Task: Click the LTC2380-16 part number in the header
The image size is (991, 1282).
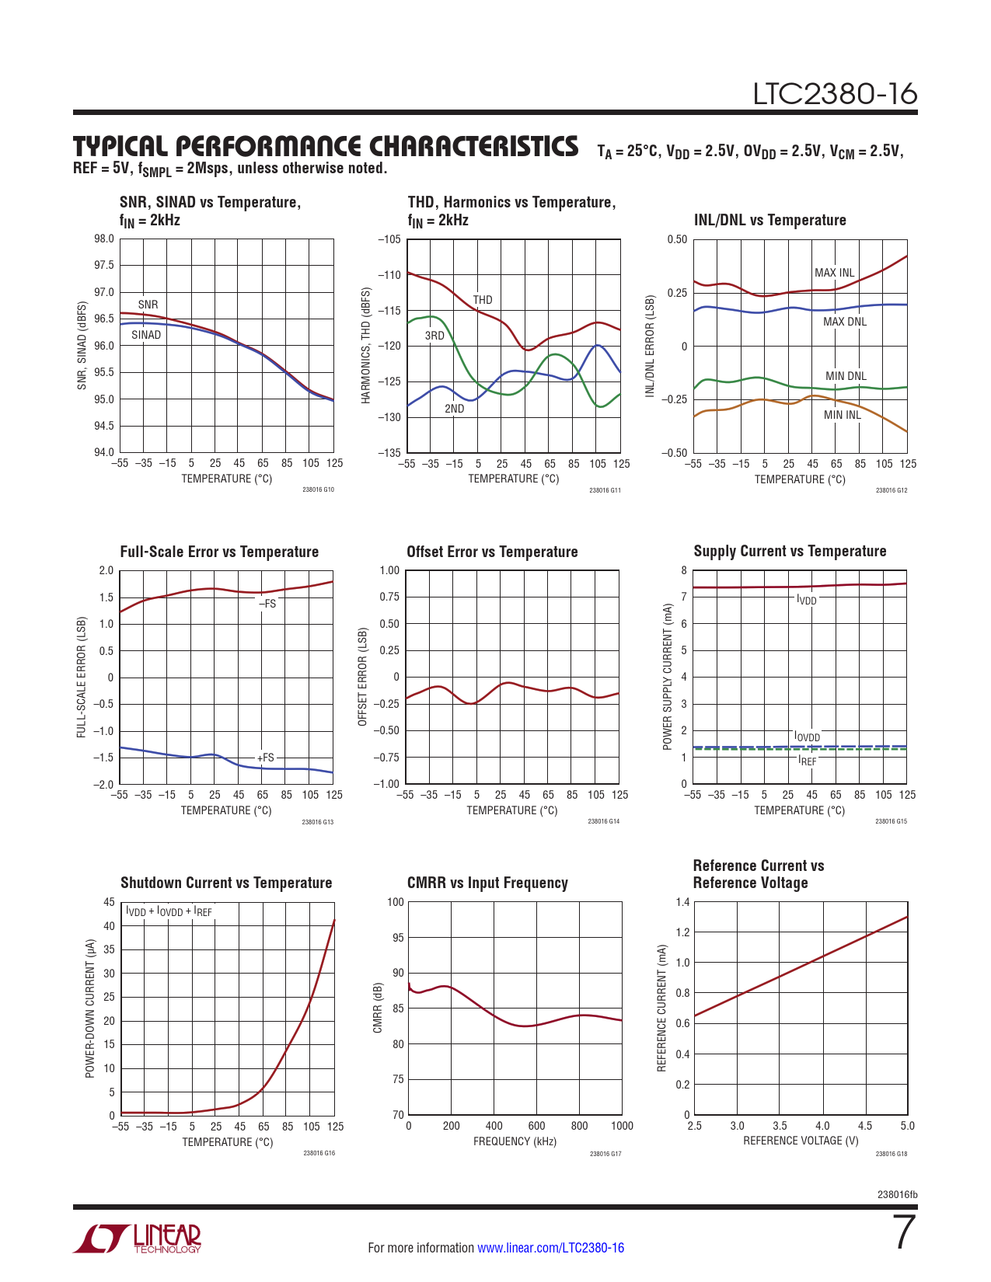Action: [x=835, y=94]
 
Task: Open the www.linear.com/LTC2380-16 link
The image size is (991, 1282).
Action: [x=550, y=1248]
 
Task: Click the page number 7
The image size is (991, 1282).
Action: [x=904, y=1233]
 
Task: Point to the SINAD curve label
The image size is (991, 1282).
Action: [x=146, y=335]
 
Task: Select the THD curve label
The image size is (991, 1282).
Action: [x=483, y=300]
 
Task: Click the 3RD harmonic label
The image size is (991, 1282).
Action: [x=434, y=336]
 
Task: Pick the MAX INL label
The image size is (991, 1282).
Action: [x=834, y=273]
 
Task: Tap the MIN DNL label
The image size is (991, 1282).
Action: [x=846, y=376]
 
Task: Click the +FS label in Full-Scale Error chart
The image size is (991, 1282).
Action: [x=266, y=758]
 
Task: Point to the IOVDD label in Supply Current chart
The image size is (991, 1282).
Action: [x=807, y=737]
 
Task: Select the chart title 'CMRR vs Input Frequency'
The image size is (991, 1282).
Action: [x=487, y=883]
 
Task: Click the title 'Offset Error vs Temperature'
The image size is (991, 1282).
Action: [x=492, y=552]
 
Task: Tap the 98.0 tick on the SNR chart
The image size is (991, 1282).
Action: [x=104, y=239]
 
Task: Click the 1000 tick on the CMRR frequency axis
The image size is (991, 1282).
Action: [x=622, y=1126]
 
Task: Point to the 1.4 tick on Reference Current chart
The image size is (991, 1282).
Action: [x=682, y=902]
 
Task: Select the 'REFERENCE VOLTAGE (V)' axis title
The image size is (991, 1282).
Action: [x=801, y=1141]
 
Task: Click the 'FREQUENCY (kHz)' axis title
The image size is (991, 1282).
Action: [x=515, y=1141]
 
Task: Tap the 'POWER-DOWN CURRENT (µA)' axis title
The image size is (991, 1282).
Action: [x=90, y=1009]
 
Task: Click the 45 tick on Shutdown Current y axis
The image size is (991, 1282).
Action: [x=109, y=902]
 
